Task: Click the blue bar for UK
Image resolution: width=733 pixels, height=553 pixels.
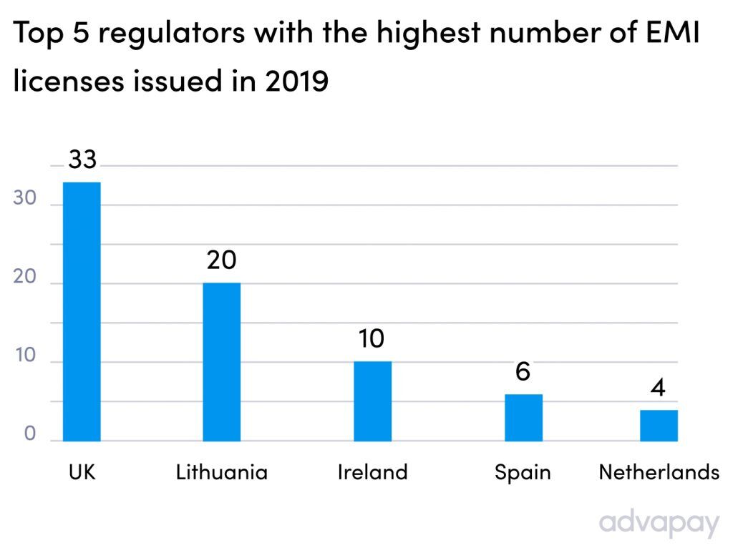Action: [x=82, y=311]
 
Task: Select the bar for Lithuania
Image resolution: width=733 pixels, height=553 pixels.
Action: [x=221, y=362]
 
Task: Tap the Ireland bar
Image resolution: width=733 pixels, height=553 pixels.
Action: [x=372, y=401]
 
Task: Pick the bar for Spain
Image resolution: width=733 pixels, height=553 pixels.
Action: [x=523, y=417]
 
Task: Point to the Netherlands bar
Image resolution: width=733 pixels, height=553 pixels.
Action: [x=659, y=425]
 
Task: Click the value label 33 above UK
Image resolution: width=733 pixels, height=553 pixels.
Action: [x=82, y=160]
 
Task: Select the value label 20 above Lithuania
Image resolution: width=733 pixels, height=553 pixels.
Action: [x=221, y=260]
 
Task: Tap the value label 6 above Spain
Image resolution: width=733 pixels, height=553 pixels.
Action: [x=523, y=372]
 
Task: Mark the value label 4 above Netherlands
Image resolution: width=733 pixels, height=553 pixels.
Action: [x=659, y=388]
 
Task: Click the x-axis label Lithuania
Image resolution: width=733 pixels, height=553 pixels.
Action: [x=221, y=473]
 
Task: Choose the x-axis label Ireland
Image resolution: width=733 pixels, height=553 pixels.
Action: [x=372, y=473]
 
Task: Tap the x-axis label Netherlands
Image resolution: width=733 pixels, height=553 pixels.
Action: [x=659, y=473]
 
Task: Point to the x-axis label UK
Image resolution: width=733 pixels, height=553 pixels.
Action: [x=82, y=473]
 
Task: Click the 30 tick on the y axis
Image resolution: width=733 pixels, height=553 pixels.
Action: [x=24, y=199]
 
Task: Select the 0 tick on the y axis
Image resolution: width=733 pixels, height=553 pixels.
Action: [x=29, y=435]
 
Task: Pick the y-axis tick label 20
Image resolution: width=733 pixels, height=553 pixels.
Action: [x=24, y=278]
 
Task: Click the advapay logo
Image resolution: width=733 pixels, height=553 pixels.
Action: [x=659, y=523]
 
